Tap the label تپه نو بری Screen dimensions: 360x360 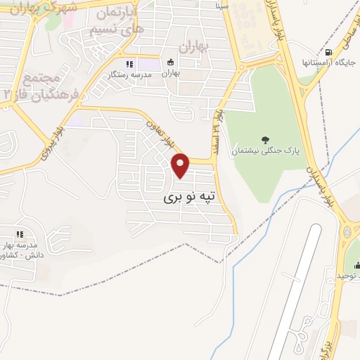pyautogui.click(x=192, y=198)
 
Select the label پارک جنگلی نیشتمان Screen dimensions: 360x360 pyautogui.click(x=264, y=150)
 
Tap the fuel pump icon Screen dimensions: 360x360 pyautogui.click(x=328, y=53)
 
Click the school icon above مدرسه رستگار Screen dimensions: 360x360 pyautogui.click(x=129, y=64)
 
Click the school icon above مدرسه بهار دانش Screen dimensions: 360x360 pyautogui.click(x=20, y=233)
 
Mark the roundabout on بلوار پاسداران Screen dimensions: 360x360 pyautogui.click(x=347, y=231)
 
